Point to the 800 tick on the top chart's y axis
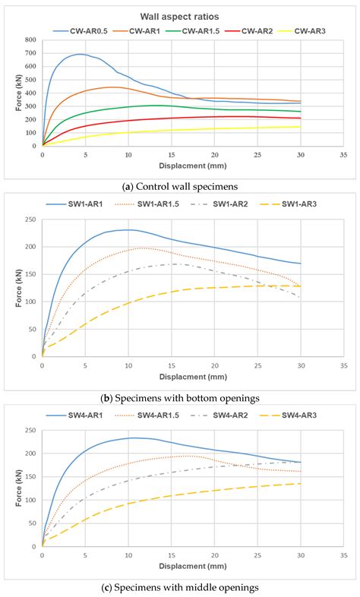click(31, 39)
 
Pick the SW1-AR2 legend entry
click(233, 204)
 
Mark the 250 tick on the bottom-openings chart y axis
click(31, 220)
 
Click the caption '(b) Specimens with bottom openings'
click(179, 398)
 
